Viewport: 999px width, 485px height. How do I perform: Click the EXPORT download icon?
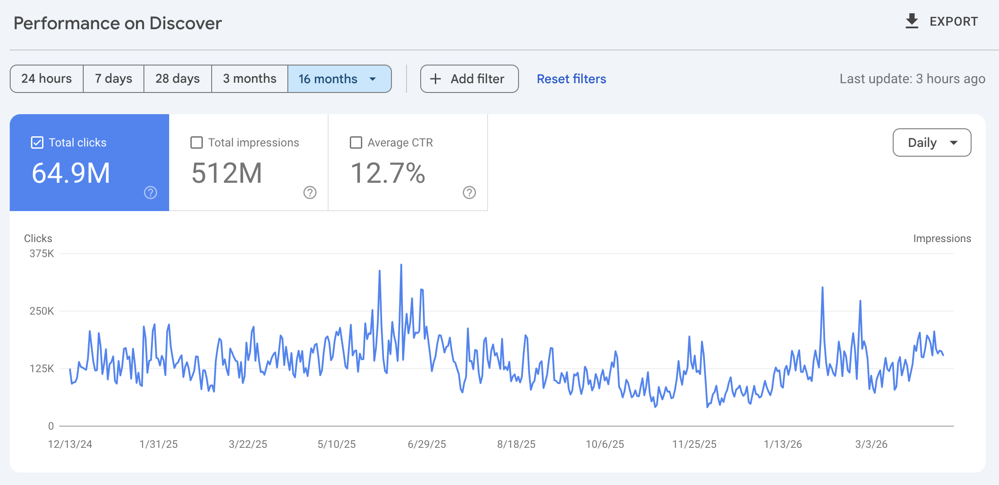click(912, 21)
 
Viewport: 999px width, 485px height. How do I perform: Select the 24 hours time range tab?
click(46, 79)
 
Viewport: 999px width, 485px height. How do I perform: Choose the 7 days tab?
click(113, 79)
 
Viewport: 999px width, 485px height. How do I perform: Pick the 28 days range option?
click(178, 79)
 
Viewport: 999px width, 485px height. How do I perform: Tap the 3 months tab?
click(250, 79)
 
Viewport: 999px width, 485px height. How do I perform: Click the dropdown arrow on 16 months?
click(373, 79)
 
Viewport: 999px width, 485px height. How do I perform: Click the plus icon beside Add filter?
click(436, 79)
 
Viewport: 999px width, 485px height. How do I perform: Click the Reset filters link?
click(571, 79)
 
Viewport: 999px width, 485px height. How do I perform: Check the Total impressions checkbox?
click(197, 142)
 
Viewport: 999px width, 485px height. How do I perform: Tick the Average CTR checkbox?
click(356, 142)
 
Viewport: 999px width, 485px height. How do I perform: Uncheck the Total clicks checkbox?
click(37, 142)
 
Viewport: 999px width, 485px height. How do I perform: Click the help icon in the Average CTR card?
click(469, 192)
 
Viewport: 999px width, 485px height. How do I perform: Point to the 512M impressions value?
click(227, 173)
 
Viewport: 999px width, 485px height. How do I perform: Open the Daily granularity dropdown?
click(932, 142)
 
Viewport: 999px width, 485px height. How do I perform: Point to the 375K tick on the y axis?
click(42, 254)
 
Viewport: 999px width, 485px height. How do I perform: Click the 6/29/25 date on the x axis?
click(427, 444)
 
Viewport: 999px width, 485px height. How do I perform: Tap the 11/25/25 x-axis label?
click(694, 444)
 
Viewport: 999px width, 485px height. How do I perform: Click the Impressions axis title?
click(942, 239)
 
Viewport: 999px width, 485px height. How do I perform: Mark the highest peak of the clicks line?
click(401, 265)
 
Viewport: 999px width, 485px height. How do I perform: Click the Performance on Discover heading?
click(118, 23)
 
